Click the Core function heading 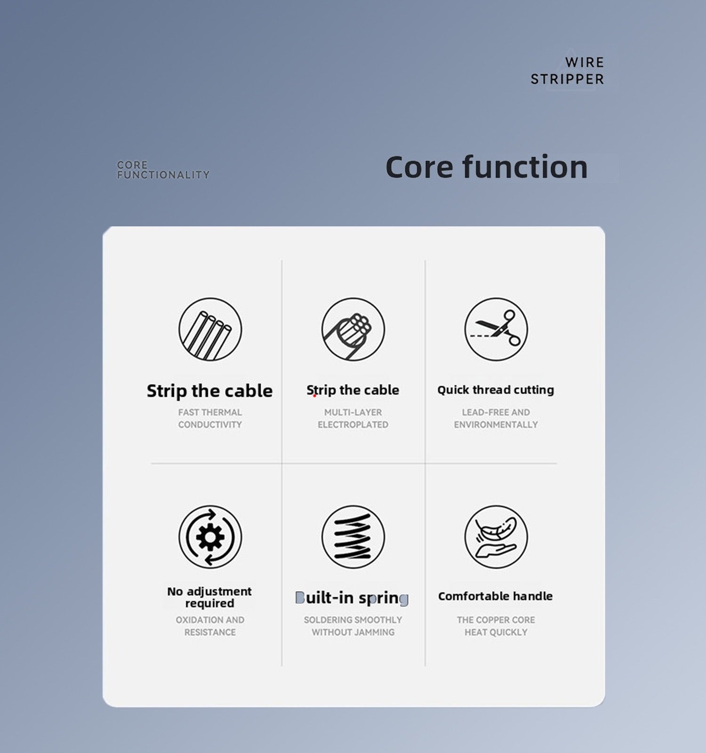pyautogui.click(x=487, y=167)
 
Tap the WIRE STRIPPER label pyautogui.click(x=567, y=71)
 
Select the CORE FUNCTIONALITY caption pyautogui.click(x=163, y=170)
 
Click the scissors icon pyautogui.click(x=496, y=329)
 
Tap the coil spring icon pyautogui.click(x=353, y=537)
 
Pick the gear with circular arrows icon pyautogui.click(x=210, y=537)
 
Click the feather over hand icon pyautogui.click(x=496, y=537)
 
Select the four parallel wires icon pyautogui.click(x=210, y=329)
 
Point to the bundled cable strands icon pyautogui.click(x=353, y=329)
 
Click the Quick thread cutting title pyautogui.click(x=496, y=390)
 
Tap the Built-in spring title pyautogui.click(x=352, y=598)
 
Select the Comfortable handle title pyautogui.click(x=496, y=596)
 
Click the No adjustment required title pyautogui.click(x=209, y=597)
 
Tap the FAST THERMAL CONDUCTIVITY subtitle pyautogui.click(x=210, y=418)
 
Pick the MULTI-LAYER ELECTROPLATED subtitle pyautogui.click(x=353, y=418)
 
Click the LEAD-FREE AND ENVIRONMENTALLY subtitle pyautogui.click(x=496, y=418)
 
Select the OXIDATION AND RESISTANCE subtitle pyautogui.click(x=210, y=626)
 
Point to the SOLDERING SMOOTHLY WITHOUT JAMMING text pyautogui.click(x=353, y=626)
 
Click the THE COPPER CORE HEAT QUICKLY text pyautogui.click(x=496, y=626)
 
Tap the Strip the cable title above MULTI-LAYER pyautogui.click(x=353, y=390)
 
